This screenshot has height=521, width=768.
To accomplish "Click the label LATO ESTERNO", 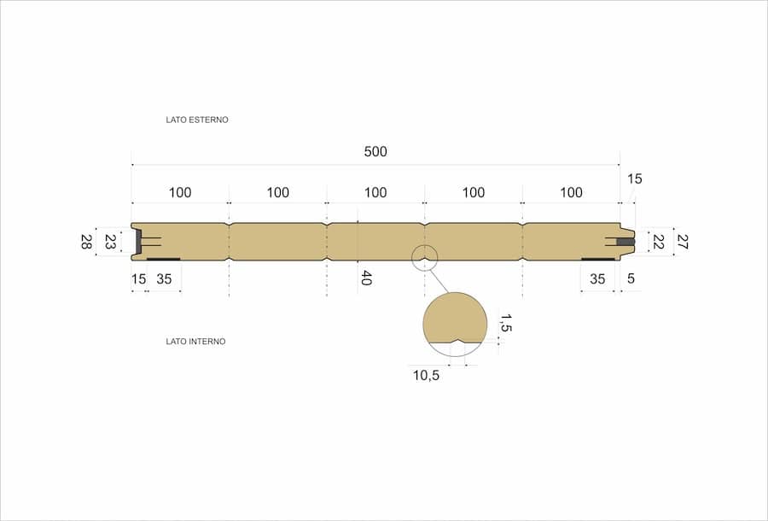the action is point(197,120).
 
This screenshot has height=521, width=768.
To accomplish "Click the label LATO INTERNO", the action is point(195,342).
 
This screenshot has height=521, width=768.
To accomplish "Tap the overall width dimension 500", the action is point(375,151).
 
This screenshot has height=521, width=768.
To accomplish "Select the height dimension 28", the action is point(85,242).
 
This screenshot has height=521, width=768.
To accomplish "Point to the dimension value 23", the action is point(110,242).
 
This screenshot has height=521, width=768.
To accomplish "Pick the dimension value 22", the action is point(658,242).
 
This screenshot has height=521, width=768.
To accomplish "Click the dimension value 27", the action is point(682,242).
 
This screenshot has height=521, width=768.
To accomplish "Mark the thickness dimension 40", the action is point(366,278).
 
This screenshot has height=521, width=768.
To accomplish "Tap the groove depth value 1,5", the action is point(506,324).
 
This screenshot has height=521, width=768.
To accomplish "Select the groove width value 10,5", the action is point(426,376).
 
